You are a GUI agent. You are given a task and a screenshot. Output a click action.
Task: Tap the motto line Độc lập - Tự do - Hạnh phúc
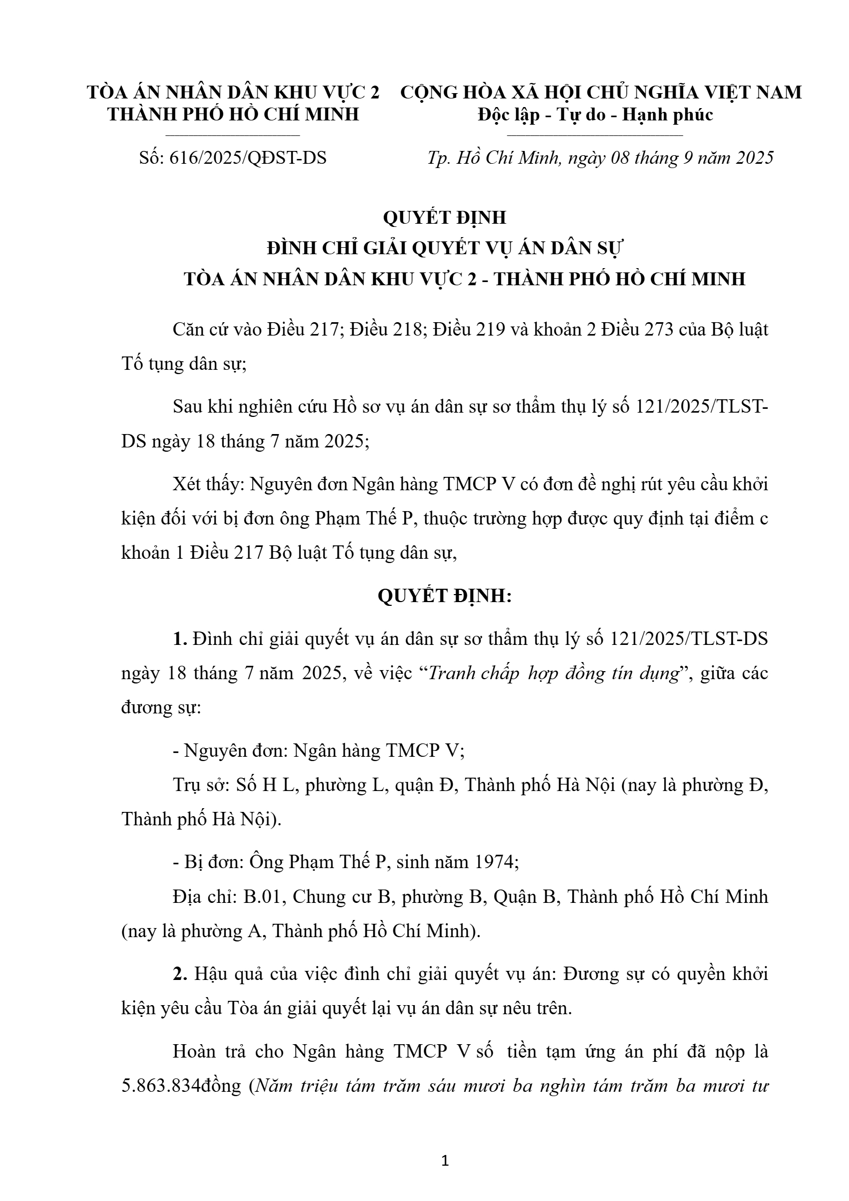(x=595, y=115)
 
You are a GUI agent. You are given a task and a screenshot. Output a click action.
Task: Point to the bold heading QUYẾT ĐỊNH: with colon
(x=444, y=596)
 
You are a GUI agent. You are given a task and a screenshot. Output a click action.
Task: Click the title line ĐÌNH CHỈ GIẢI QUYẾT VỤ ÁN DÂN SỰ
(x=444, y=249)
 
